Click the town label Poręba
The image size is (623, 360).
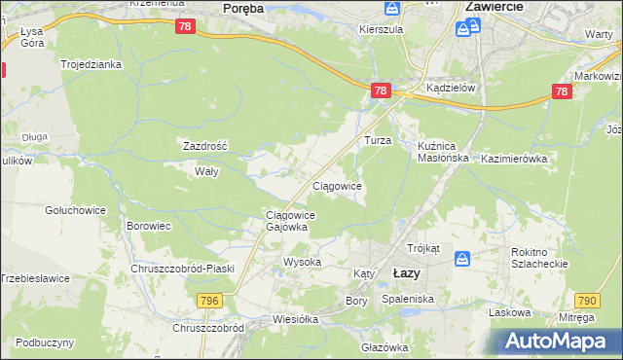[x=243, y=8]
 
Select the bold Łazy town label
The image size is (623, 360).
[x=406, y=273]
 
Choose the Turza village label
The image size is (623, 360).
[x=378, y=140]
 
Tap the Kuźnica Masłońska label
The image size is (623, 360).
[x=443, y=151]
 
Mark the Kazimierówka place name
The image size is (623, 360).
[x=515, y=157]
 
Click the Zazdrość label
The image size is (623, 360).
[x=205, y=145]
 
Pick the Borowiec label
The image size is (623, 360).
[x=149, y=226]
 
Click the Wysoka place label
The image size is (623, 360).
[x=302, y=263]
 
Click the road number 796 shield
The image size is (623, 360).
[x=237, y=302]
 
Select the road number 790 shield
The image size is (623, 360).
[x=587, y=302]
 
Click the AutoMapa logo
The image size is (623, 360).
[x=556, y=341]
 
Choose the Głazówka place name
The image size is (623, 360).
[x=385, y=347]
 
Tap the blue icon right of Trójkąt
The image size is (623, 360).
[x=462, y=259]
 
